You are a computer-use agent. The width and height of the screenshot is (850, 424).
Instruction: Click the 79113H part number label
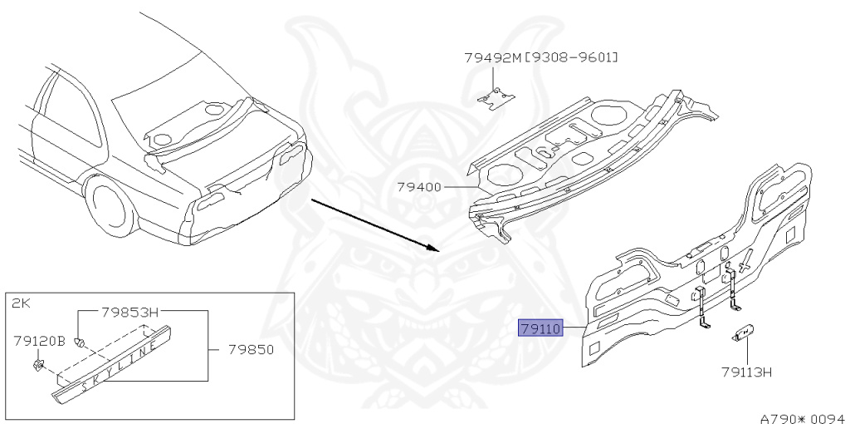[x=746, y=372]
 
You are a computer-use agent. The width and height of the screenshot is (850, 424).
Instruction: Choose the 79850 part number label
[x=251, y=349]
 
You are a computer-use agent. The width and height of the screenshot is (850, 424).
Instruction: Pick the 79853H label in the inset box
[x=129, y=313]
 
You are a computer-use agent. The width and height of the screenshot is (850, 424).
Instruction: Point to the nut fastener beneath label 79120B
[x=39, y=364]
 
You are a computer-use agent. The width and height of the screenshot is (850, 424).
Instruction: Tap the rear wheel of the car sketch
[x=110, y=207]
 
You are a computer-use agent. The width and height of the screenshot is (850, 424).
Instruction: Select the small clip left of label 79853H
[x=80, y=341]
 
